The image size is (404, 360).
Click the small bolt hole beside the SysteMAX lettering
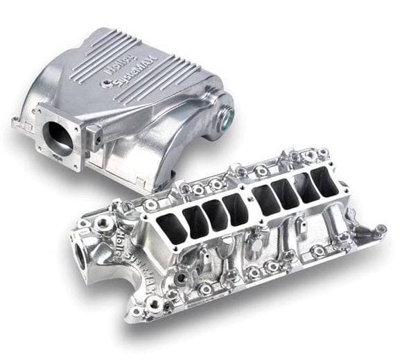[x=105, y=83]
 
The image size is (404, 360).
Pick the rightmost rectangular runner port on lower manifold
[x=325, y=182]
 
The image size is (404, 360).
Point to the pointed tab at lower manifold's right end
[x=380, y=228]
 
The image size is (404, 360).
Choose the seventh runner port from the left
[x=305, y=188]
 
